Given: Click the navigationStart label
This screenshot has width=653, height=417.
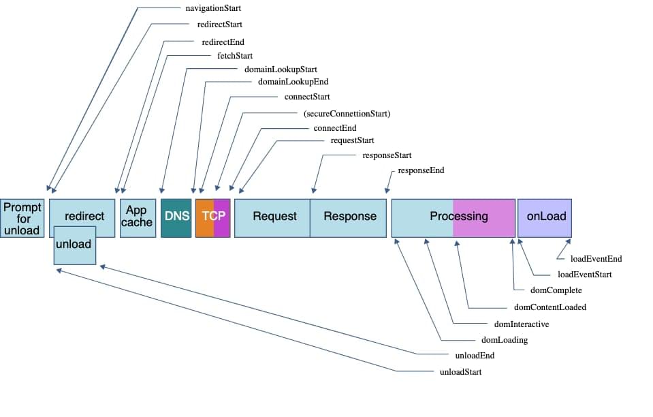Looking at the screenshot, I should click(212, 9).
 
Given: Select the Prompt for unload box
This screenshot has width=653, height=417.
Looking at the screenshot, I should click(22, 218).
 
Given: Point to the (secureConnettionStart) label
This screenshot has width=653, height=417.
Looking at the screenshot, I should click(347, 113).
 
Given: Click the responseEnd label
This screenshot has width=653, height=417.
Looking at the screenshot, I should click(421, 170).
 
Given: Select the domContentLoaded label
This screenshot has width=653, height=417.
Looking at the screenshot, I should click(550, 307).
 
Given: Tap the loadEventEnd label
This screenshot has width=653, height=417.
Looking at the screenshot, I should click(596, 259).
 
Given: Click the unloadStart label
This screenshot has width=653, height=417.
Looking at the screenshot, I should click(460, 372).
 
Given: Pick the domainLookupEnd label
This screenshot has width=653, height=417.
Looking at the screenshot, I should click(293, 82).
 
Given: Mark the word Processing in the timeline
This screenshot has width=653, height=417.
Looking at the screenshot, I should click(458, 217).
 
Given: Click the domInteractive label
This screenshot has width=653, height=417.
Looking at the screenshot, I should click(521, 324).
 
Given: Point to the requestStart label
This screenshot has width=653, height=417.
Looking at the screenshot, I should click(352, 141).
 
